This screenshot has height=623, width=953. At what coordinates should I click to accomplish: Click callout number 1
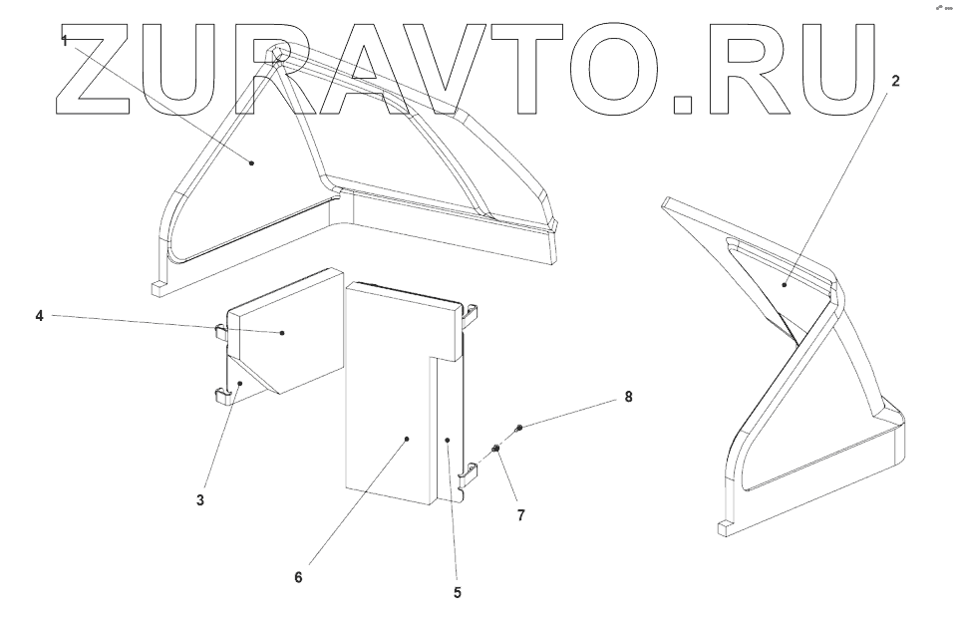point(65,41)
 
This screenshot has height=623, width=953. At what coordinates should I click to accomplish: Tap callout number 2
point(894,82)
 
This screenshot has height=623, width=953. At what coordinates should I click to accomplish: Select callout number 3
point(200,499)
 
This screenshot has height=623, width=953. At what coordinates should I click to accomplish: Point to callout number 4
point(40,316)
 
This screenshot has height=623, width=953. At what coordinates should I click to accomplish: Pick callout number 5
point(458,592)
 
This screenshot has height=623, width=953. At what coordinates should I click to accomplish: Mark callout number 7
point(520,515)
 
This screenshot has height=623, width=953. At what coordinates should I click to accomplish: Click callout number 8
point(628,396)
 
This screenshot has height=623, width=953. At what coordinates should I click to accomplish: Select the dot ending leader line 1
point(252,161)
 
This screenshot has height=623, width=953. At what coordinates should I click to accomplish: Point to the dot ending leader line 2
point(784,285)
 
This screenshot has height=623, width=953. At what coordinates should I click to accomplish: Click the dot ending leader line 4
point(283,333)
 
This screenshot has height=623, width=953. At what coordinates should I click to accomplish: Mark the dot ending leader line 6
point(409,437)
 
